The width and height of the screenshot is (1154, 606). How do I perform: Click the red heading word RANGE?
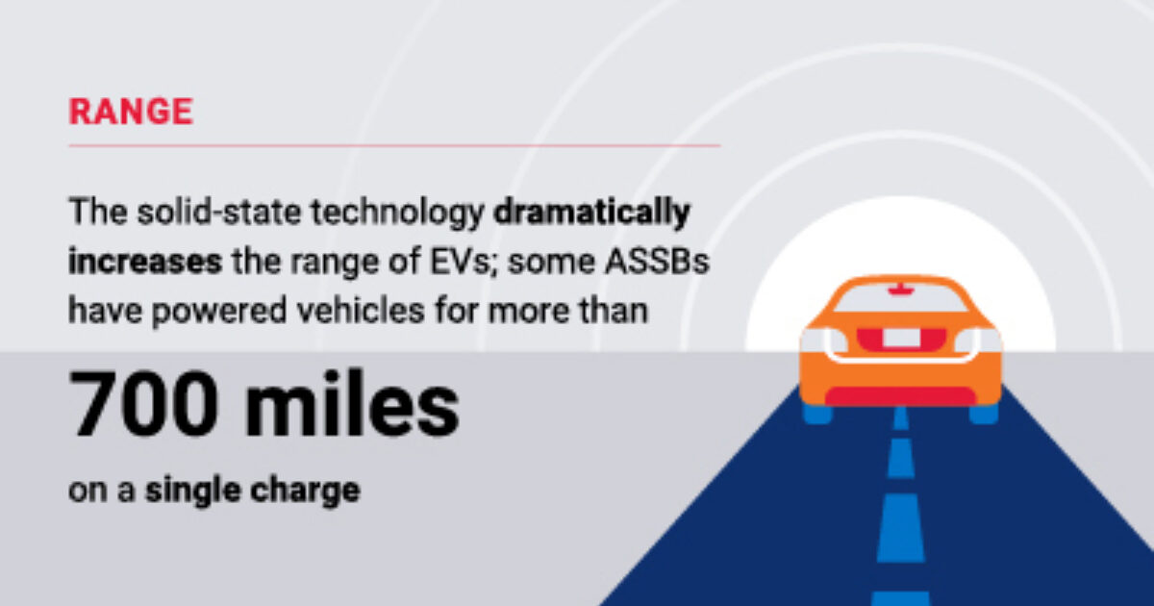tap(131, 112)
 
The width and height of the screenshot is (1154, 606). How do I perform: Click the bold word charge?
tap(307, 491)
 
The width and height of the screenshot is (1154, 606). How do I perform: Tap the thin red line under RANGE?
tap(394, 146)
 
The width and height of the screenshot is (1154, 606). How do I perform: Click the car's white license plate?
tap(901, 338)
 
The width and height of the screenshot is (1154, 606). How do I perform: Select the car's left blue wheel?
tap(817, 414)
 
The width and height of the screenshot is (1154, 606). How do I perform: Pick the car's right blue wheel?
tap(984, 414)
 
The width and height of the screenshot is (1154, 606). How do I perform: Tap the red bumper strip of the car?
tap(901, 396)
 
